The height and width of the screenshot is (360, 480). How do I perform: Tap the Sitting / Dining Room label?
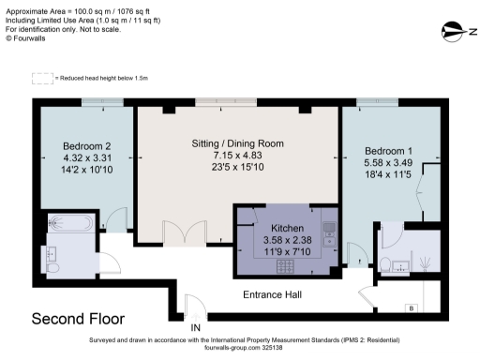click(x=231, y=143)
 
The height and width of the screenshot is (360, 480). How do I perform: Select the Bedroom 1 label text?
click(x=387, y=151)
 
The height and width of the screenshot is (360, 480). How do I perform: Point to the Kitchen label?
click(x=286, y=228)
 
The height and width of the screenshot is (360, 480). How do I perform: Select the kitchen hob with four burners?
click(x=286, y=266)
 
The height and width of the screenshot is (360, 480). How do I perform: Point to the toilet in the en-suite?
click(x=387, y=264)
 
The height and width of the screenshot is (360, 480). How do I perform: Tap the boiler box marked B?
click(x=410, y=307)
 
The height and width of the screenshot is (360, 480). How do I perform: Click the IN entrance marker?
click(x=196, y=327)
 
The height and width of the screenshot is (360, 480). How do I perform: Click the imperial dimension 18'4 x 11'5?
click(x=387, y=174)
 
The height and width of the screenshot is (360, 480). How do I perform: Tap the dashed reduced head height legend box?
click(x=40, y=78)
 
